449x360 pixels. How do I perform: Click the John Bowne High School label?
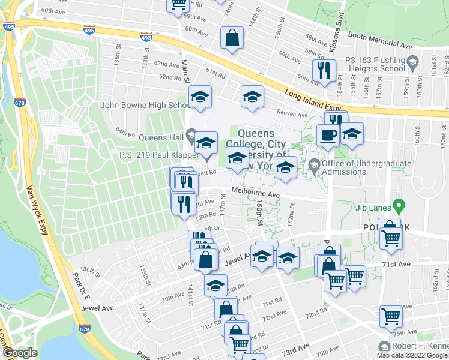(146, 105)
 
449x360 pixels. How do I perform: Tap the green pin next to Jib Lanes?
(397, 206)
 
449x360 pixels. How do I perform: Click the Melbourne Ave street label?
(256, 195)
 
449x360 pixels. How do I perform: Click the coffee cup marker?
(328, 134)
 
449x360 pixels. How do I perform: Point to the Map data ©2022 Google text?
(411, 355)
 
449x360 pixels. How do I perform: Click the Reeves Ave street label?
(292, 112)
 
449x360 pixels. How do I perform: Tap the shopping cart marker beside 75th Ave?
(391, 316)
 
